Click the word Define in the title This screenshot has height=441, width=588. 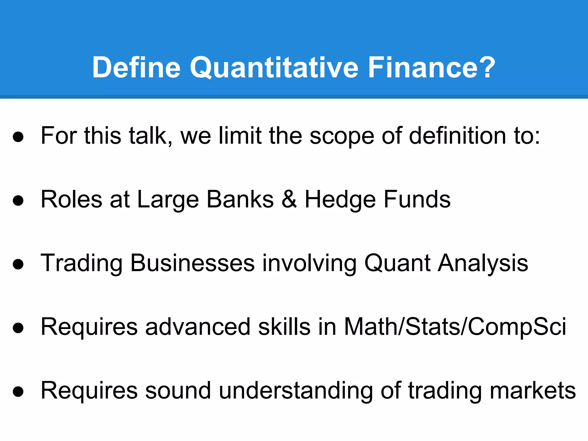[136, 68]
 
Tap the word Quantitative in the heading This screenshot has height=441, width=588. [274, 68]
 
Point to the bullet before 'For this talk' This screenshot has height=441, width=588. [18, 137]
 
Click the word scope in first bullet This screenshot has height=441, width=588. [342, 136]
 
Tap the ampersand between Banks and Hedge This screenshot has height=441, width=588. [289, 199]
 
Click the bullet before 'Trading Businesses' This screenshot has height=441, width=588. [18, 264]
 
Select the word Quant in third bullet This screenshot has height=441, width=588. [397, 263]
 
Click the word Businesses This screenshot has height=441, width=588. [192, 263]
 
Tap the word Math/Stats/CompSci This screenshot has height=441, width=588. [455, 327]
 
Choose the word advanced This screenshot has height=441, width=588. [198, 327]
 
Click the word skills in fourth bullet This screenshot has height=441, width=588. [284, 327]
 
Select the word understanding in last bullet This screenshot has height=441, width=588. [296, 391]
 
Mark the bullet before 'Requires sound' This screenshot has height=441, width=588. [18, 392]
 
